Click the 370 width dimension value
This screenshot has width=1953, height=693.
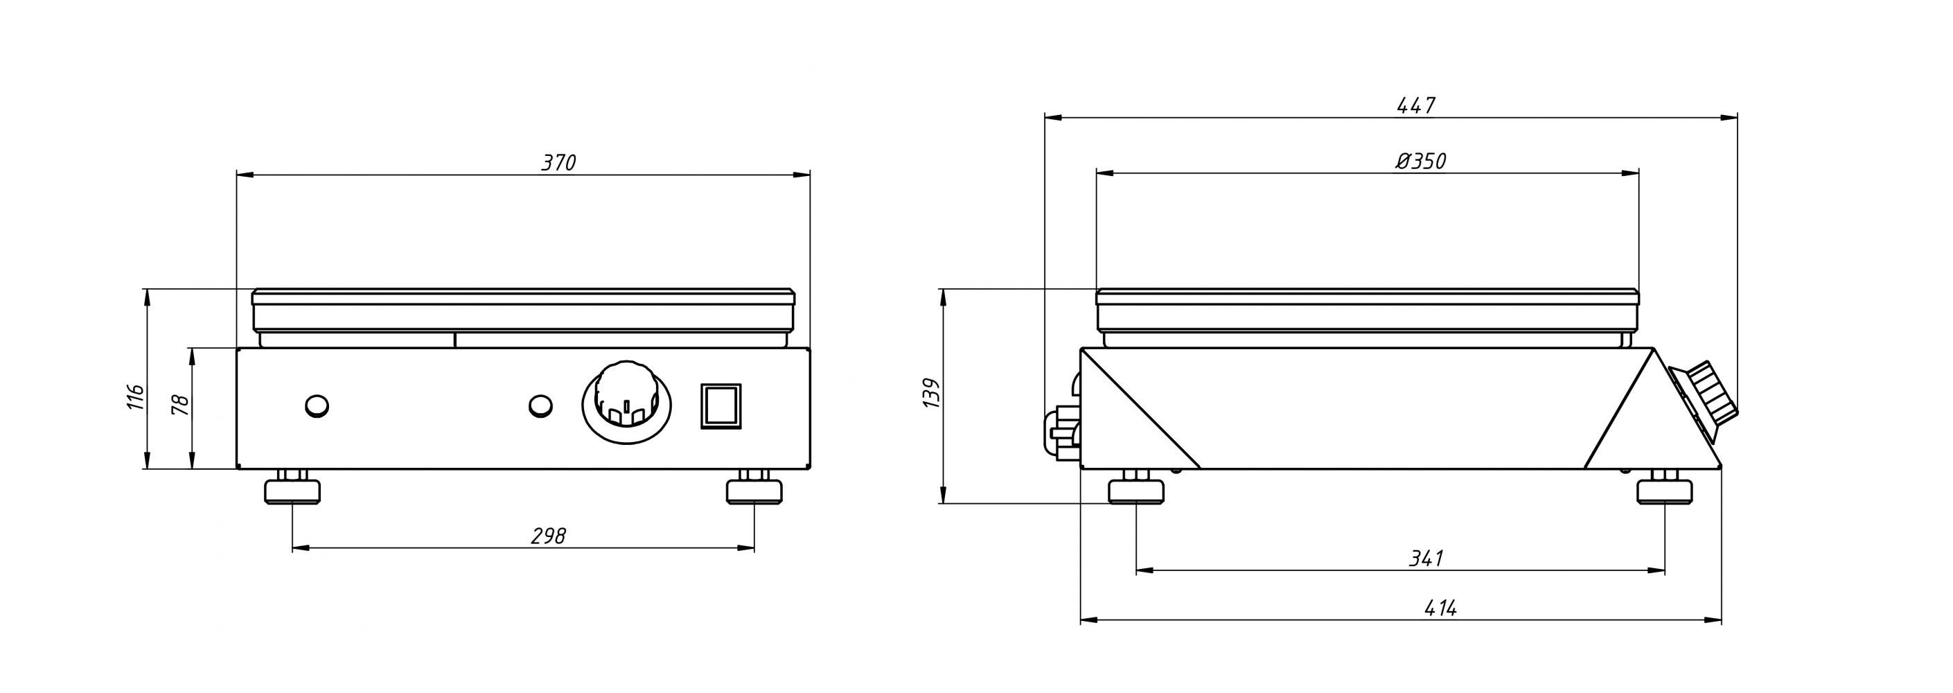click(x=559, y=163)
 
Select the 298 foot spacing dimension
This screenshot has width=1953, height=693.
click(x=548, y=536)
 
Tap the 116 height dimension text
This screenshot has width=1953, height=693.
click(x=134, y=396)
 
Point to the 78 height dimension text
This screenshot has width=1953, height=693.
click(x=180, y=404)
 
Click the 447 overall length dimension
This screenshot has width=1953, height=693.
click(x=1415, y=105)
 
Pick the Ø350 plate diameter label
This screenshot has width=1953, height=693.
click(x=1421, y=161)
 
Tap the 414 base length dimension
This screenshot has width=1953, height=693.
click(x=1440, y=608)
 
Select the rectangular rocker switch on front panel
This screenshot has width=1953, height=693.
click(x=720, y=406)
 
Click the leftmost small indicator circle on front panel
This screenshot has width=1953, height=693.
click(x=317, y=405)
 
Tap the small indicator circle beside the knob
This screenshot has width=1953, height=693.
click(x=540, y=405)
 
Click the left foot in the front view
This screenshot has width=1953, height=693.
click(x=292, y=489)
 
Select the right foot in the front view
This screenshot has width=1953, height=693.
click(x=754, y=489)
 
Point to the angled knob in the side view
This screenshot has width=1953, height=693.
click(x=1706, y=403)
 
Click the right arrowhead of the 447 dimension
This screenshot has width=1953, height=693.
click(x=1729, y=118)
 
